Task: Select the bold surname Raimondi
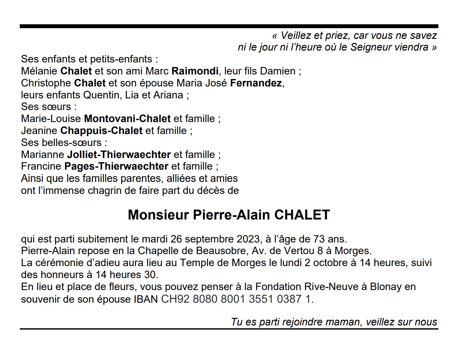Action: [x=195, y=71]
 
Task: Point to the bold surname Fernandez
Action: [x=256, y=83]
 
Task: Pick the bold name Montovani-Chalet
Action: [x=127, y=119]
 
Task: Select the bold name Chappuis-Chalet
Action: [x=101, y=131]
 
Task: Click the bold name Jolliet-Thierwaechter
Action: [x=119, y=155]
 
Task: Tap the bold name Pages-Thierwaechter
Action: [x=116, y=167]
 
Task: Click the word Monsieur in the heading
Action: [x=158, y=215]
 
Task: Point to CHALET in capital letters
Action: [x=302, y=215]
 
